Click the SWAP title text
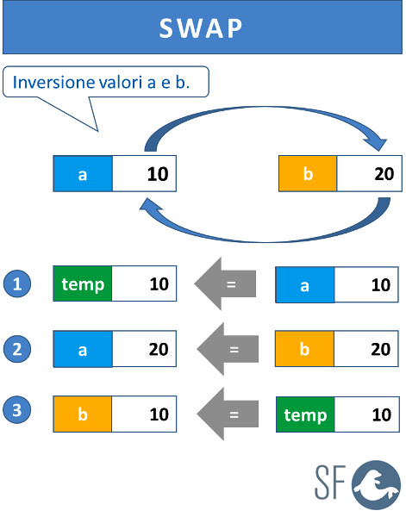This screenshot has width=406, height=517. coord(201,28)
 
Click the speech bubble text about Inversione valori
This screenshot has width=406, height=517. coord(101,82)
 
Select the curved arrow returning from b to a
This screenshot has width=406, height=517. coord(264,240)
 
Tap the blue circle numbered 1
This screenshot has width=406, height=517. coord(17,283)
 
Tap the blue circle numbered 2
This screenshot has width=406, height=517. coord(17,349)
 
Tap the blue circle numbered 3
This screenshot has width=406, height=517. coord(17,410)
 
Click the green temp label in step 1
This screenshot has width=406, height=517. coord(83,283)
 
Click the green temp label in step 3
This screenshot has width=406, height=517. coord(305,414)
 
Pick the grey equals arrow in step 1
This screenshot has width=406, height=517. coord(225,283)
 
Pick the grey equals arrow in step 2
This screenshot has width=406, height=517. coord(228,349)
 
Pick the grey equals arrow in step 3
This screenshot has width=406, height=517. coord(228,414)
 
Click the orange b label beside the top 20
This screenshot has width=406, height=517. coord(308,173)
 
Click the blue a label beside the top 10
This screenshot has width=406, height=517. coord(83,174)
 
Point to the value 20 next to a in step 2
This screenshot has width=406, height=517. coord(159,349)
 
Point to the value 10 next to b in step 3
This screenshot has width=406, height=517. coord(159,414)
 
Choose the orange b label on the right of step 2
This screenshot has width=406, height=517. coord(305,349)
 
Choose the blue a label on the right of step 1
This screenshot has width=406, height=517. coord(305,285)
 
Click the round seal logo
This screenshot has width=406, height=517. coord(376,485)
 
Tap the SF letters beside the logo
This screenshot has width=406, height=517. coord(330,482)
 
